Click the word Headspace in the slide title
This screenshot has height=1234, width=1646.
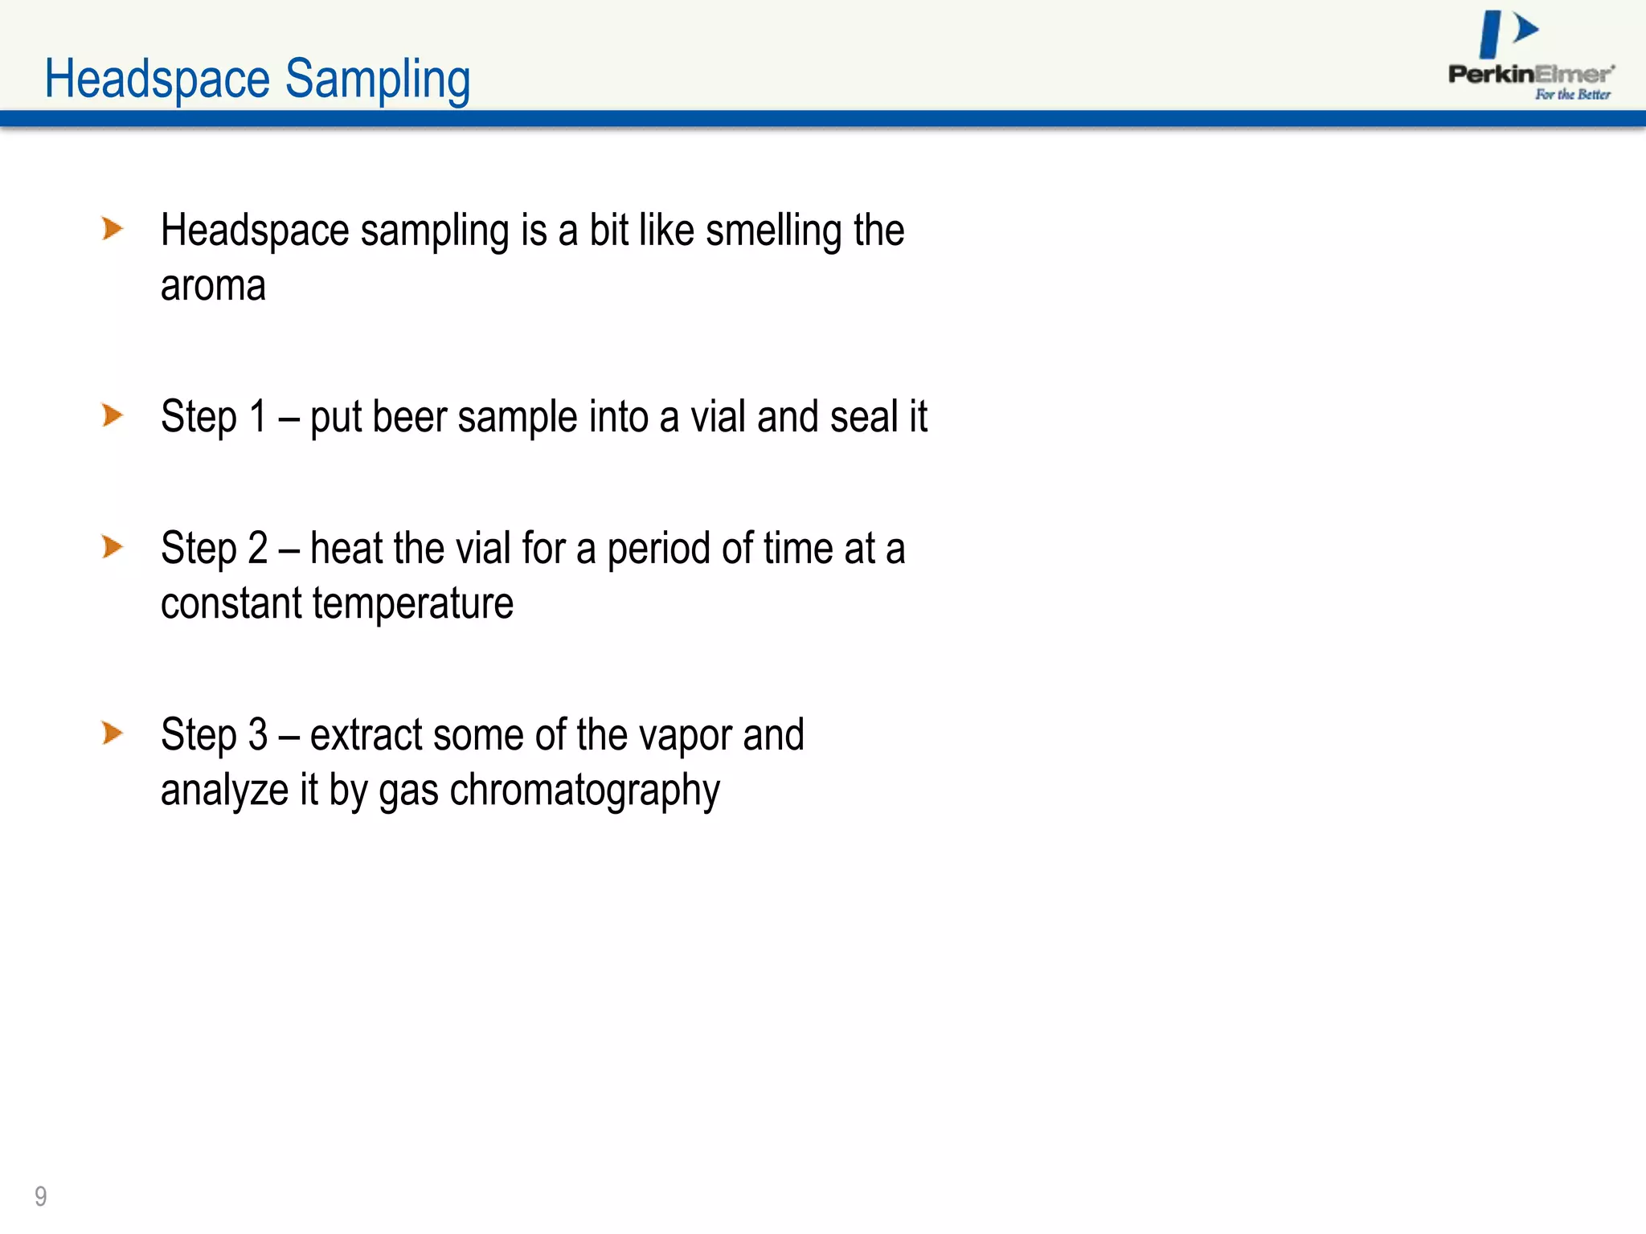click(x=157, y=80)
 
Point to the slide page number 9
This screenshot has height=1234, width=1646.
click(x=41, y=1196)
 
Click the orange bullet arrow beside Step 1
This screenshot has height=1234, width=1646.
click(x=113, y=415)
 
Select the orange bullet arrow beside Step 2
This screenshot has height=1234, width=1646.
click(x=113, y=547)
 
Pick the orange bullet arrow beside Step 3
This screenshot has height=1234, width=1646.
click(x=113, y=733)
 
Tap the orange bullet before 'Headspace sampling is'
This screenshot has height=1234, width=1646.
click(x=113, y=229)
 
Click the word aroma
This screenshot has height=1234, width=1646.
click(x=213, y=286)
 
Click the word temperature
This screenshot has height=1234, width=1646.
click(x=412, y=604)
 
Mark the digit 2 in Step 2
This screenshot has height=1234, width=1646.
click(x=257, y=549)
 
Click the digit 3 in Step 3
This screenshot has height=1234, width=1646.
click(x=257, y=735)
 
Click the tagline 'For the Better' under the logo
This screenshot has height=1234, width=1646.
click(x=1572, y=95)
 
